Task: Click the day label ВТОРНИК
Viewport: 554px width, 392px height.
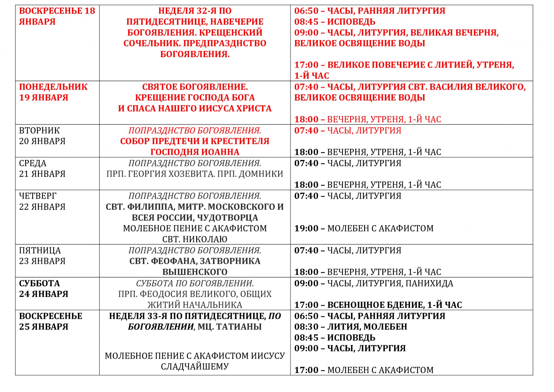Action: point(39,130)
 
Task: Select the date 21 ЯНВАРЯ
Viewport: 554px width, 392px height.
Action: point(42,174)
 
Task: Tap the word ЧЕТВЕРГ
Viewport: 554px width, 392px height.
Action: point(38,196)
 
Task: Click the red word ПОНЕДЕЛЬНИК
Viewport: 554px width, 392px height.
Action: point(53,87)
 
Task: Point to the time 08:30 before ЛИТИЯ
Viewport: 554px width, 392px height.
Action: point(306,327)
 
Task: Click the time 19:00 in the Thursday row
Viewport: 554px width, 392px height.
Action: point(306,228)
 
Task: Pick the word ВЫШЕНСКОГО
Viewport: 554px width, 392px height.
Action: point(195,272)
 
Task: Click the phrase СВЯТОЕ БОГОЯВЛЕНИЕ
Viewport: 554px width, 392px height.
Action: point(195,87)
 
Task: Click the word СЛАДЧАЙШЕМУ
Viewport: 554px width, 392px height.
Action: point(195,367)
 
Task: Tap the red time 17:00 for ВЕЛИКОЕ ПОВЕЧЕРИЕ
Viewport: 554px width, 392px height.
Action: point(306,65)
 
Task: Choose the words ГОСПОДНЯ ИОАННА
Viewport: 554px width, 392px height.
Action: point(195,152)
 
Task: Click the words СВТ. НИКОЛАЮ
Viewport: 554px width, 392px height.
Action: point(195,239)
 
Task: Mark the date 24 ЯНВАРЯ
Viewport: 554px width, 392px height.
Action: point(44,294)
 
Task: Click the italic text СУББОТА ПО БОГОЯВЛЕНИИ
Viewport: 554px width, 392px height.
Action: point(195,283)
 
